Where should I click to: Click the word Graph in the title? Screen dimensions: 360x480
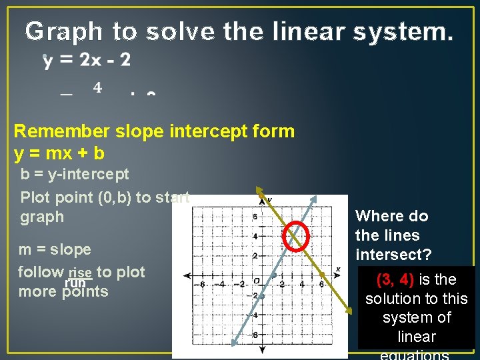point(64,31)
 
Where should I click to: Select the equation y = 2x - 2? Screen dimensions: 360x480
point(87,61)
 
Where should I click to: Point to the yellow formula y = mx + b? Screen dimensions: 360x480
point(59,153)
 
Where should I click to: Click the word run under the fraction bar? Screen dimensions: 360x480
point(75,283)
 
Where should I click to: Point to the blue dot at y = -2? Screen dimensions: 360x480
point(262,296)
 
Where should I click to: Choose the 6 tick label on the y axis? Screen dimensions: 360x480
point(254,217)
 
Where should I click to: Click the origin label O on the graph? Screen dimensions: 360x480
point(256,281)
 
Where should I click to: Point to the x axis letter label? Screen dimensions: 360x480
point(338,269)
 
